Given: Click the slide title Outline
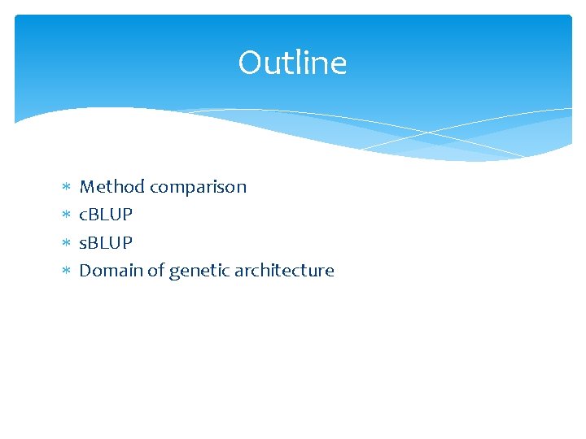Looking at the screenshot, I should (292, 63).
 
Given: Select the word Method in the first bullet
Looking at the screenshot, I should (112, 187).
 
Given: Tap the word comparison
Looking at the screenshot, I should (198, 188).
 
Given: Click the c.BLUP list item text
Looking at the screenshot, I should (105, 215).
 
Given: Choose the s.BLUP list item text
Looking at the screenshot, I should (105, 242).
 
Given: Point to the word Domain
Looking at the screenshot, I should (111, 270).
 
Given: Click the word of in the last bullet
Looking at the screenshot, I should (156, 270).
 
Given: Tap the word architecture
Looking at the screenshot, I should (284, 270).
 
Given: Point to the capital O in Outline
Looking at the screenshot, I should (249, 63).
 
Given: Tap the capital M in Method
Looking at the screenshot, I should (86, 187).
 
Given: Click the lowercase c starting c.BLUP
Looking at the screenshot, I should (82, 216).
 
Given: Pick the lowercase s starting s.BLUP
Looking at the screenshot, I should (82, 244).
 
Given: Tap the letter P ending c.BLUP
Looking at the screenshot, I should (128, 215).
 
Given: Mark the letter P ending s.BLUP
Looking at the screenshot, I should (128, 242).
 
